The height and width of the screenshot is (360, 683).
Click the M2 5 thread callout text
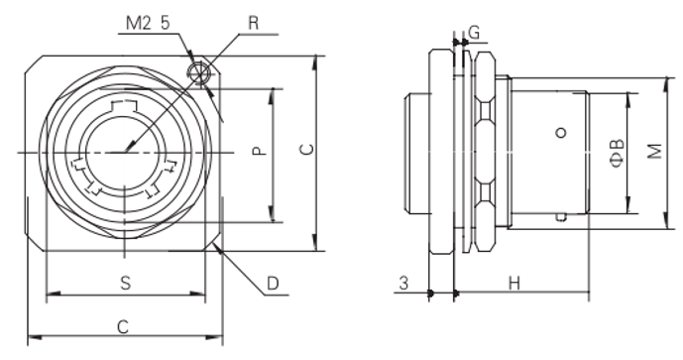point(148,24)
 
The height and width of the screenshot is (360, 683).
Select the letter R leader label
point(253,24)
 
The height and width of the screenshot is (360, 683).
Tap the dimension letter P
point(260,151)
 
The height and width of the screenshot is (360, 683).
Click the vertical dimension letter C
point(307,149)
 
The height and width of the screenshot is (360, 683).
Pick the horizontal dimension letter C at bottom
point(123,327)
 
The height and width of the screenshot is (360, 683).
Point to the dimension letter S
point(126,284)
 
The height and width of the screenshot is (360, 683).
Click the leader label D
point(273,284)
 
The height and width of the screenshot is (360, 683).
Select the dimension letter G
point(474,33)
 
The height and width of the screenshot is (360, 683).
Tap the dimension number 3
point(403,284)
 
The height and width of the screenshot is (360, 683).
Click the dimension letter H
point(514,284)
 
